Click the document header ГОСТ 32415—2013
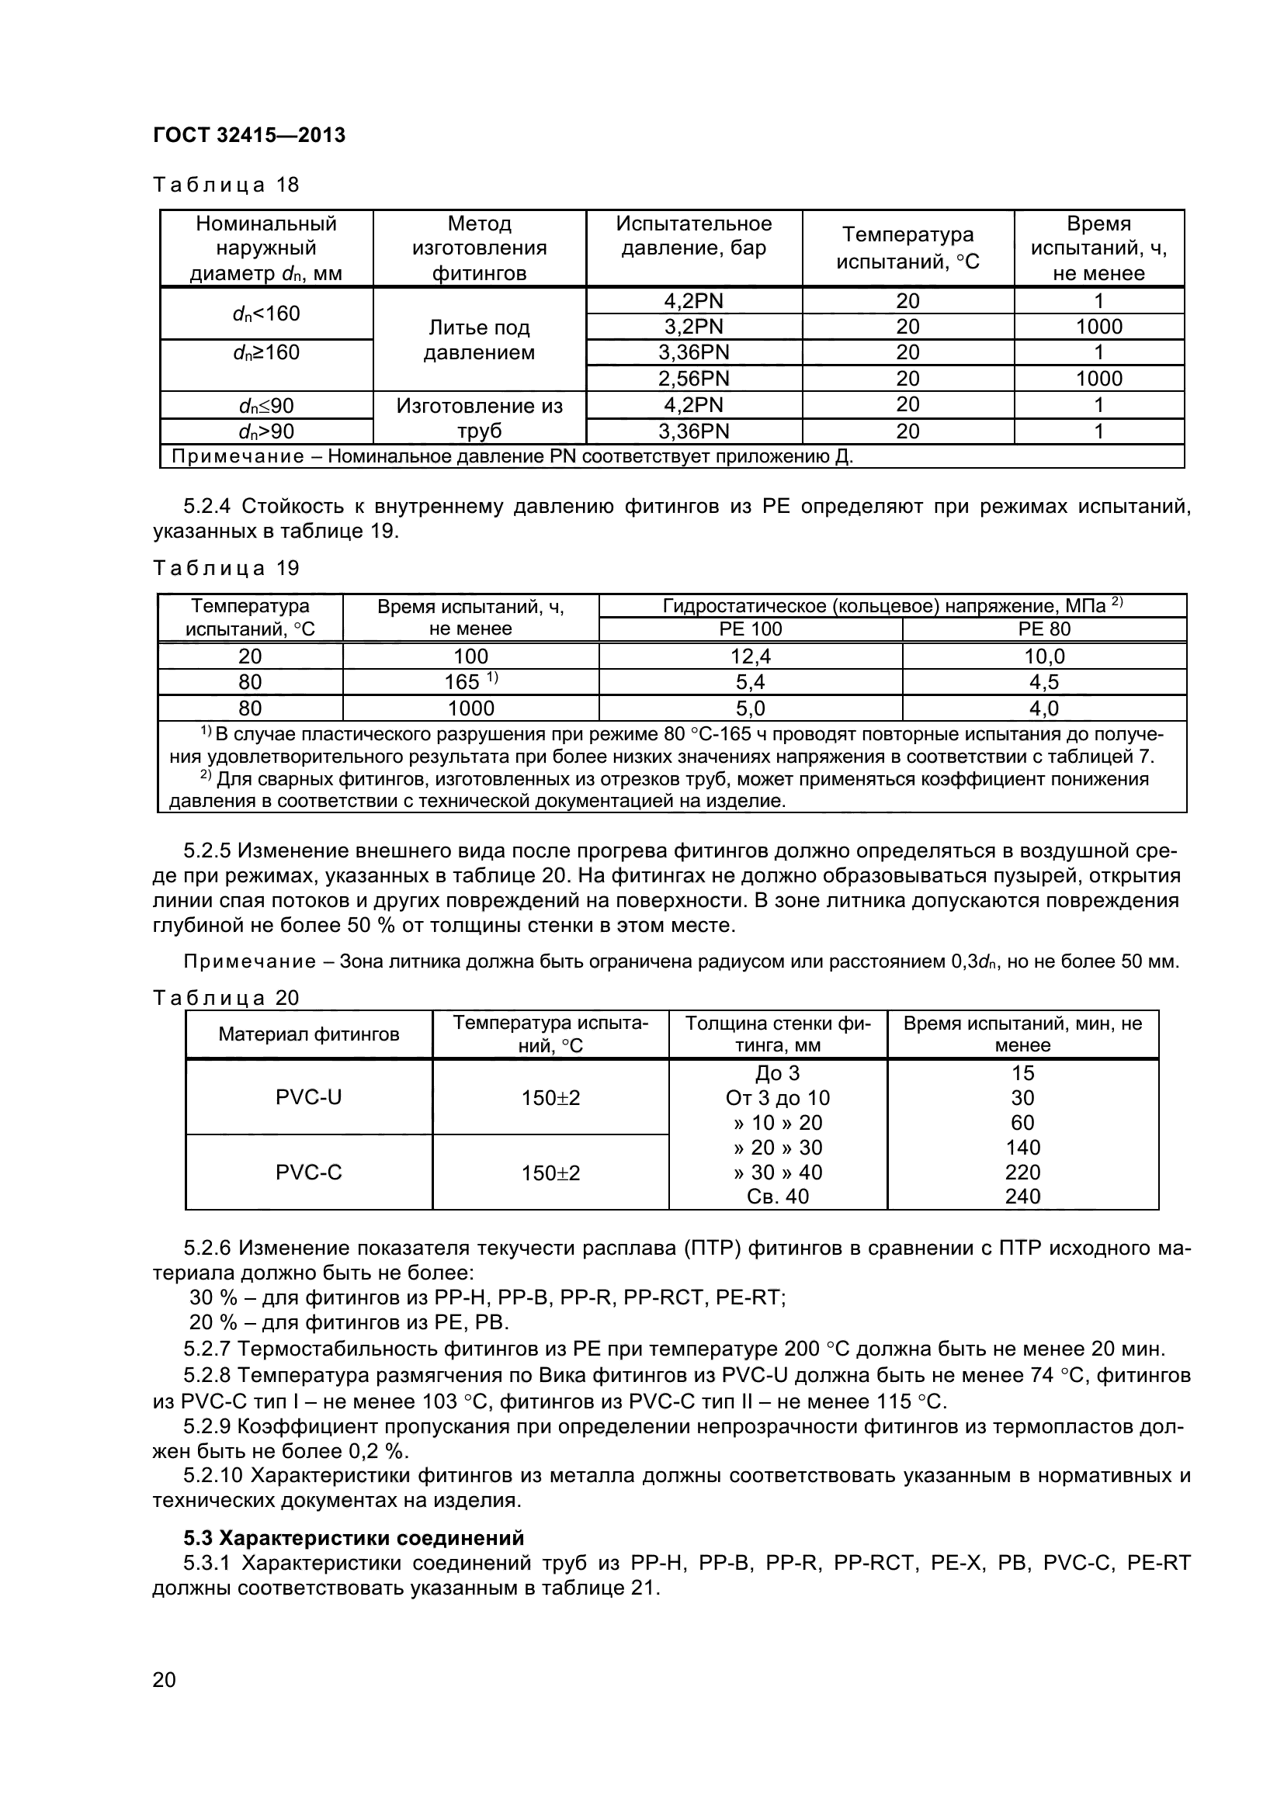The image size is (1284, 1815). click(249, 135)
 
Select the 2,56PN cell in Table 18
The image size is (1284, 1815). click(693, 379)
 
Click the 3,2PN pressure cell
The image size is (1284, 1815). click(693, 327)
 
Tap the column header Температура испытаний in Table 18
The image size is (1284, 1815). click(907, 248)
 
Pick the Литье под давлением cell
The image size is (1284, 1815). click(479, 340)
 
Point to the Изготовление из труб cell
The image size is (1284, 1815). click(479, 418)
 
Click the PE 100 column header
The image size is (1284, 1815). click(751, 629)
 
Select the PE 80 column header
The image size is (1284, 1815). click(1043, 629)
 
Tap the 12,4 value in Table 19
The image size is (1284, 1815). click(751, 656)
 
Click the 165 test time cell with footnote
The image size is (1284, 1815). click(470, 681)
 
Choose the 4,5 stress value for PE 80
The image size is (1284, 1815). click(1043, 682)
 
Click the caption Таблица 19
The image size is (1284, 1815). click(226, 568)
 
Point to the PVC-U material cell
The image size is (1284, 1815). click(308, 1097)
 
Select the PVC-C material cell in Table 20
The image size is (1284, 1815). click(308, 1172)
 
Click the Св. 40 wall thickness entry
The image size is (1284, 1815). click(778, 1197)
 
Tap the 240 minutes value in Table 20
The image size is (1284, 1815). click(1022, 1197)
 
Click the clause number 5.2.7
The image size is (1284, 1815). click(207, 1349)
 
